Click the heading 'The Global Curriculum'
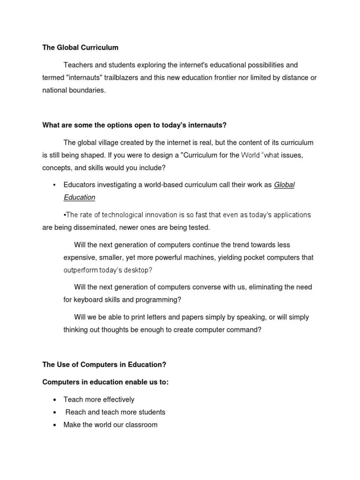point(80,47)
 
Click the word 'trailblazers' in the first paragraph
point(119,77)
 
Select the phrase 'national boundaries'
point(74,90)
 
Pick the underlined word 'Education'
point(79,197)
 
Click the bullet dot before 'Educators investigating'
point(55,185)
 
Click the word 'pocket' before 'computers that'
point(247,257)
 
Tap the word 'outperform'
point(81,270)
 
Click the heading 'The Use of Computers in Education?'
point(104,365)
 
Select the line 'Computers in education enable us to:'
point(105,382)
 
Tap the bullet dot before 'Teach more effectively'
point(55,400)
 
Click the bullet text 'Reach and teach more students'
point(115,412)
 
